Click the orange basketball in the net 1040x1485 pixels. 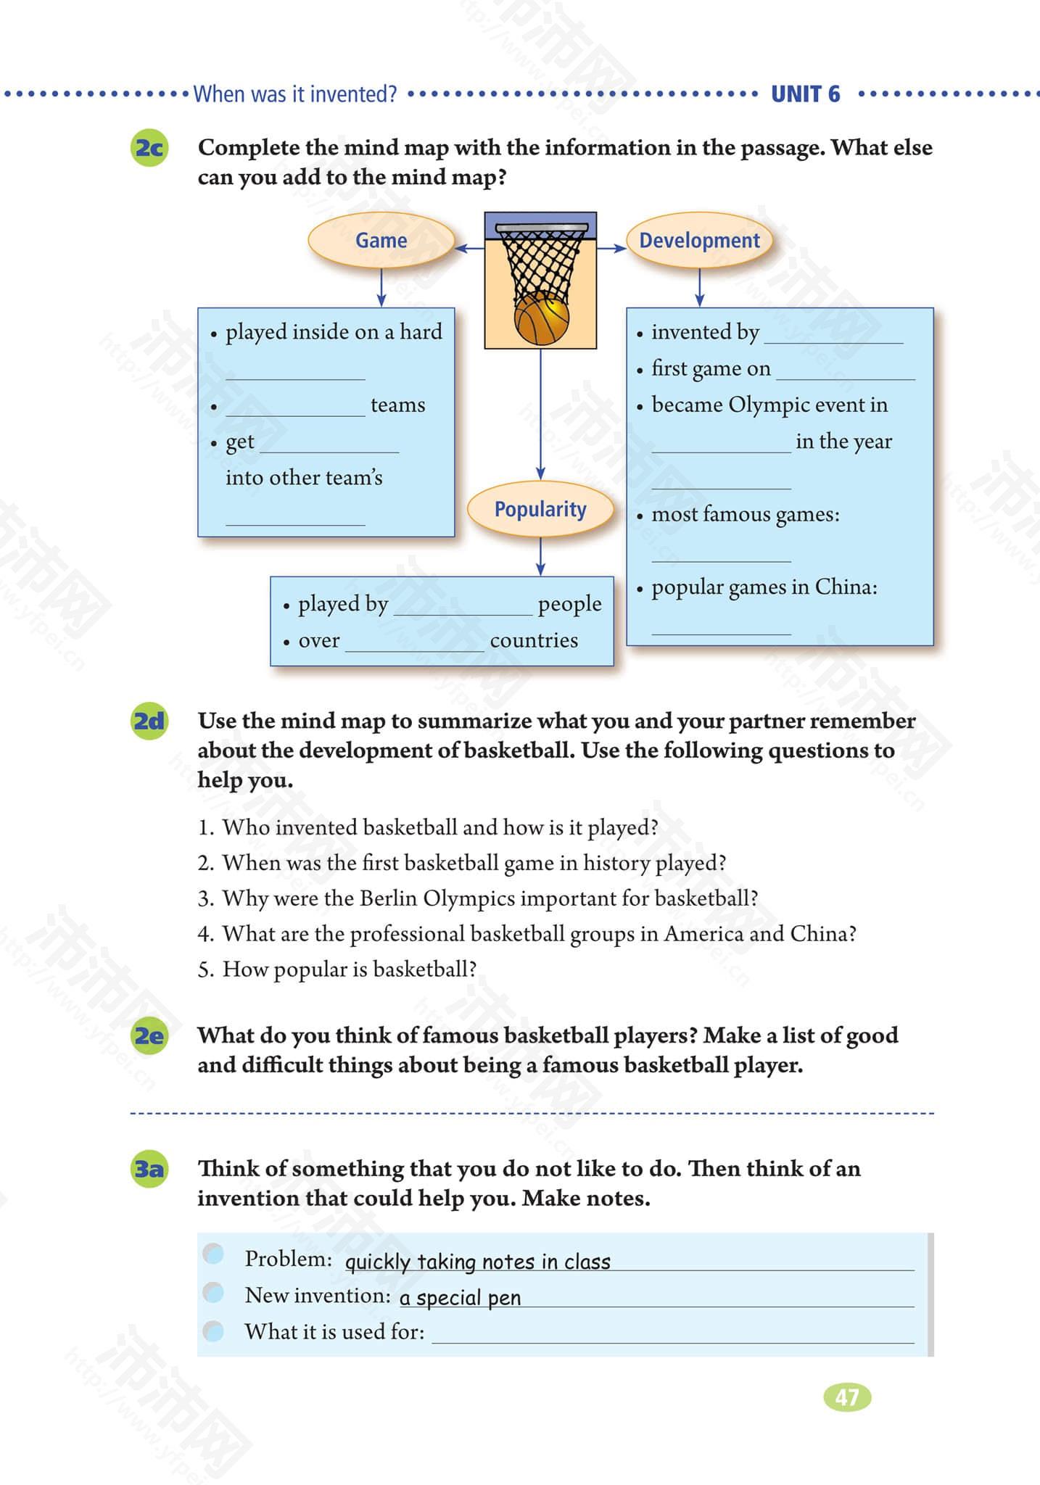(541, 319)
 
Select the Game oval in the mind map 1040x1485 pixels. (381, 241)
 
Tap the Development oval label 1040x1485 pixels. (699, 241)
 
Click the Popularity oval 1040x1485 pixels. (540, 509)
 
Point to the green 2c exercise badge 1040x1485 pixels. (149, 148)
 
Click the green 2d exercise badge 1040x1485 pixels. (149, 721)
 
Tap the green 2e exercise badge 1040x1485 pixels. (149, 1035)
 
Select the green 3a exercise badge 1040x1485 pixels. (149, 1169)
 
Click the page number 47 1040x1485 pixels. (847, 1397)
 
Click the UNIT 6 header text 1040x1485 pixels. (805, 94)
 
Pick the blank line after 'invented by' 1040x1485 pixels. (833, 337)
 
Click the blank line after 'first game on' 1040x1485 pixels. (845, 373)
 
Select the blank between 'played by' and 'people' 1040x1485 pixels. (463, 609)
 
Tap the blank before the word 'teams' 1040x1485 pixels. (295, 410)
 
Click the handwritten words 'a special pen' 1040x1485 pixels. (460, 1298)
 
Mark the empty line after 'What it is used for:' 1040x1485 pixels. (672, 1336)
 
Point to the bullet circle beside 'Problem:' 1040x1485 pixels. (213, 1254)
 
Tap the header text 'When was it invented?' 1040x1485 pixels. (295, 94)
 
